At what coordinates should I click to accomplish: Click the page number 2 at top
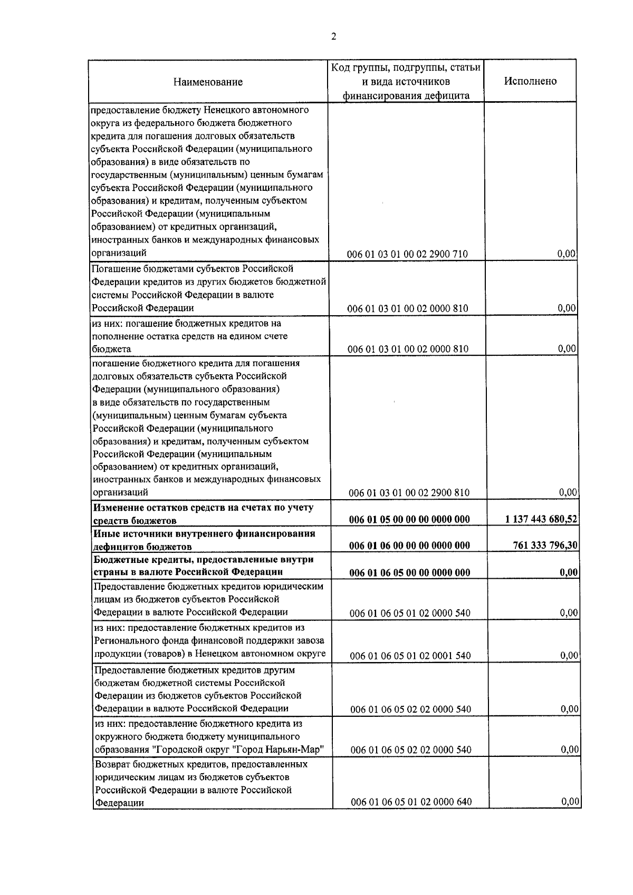coord(333,36)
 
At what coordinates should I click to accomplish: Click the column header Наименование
coord(208,82)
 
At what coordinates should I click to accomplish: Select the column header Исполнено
coord(530,81)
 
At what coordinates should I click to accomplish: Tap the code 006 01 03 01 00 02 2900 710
coord(407,255)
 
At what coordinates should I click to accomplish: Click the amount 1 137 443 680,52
coord(540,520)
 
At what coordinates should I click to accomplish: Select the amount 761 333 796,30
coord(545,546)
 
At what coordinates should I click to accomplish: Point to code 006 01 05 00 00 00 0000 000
coord(409,520)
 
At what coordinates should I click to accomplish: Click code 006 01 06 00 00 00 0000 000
coord(409,546)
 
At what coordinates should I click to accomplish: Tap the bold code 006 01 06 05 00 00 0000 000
coord(410,572)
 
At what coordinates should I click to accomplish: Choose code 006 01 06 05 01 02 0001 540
coord(410,656)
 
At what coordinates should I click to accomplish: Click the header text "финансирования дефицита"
coord(406,96)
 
